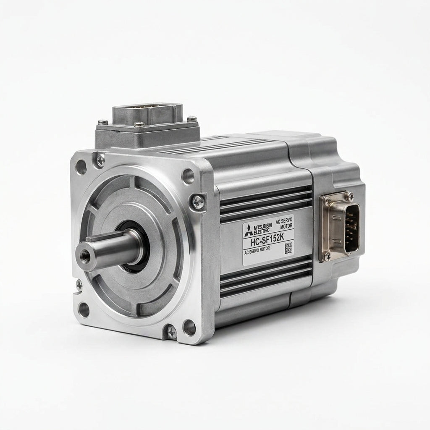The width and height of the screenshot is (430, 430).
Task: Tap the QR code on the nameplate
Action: point(288,248)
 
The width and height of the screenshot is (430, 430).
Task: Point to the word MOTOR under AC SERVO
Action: point(286,225)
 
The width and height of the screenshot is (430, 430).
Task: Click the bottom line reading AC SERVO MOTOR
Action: point(257,250)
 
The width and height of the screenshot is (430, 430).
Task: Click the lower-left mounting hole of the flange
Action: point(84,309)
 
